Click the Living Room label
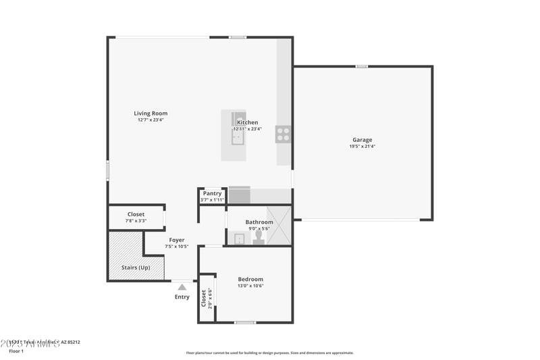point(151,113)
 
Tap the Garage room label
point(362,140)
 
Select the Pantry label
point(212,193)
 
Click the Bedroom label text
point(250,279)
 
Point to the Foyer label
point(177,240)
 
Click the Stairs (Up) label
point(136,267)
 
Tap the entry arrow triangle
point(182,287)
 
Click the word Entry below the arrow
point(182,297)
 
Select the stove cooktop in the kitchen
point(283,134)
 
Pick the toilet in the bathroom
point(258,238)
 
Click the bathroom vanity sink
point(239,238)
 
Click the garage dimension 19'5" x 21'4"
point(362,147)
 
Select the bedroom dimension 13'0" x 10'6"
point(250,286)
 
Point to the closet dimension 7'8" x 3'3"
point(136,221)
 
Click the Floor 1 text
point(16,351)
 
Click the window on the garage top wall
point(362,66)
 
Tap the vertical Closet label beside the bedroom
point(204,298)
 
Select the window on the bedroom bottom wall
point(244,322)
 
